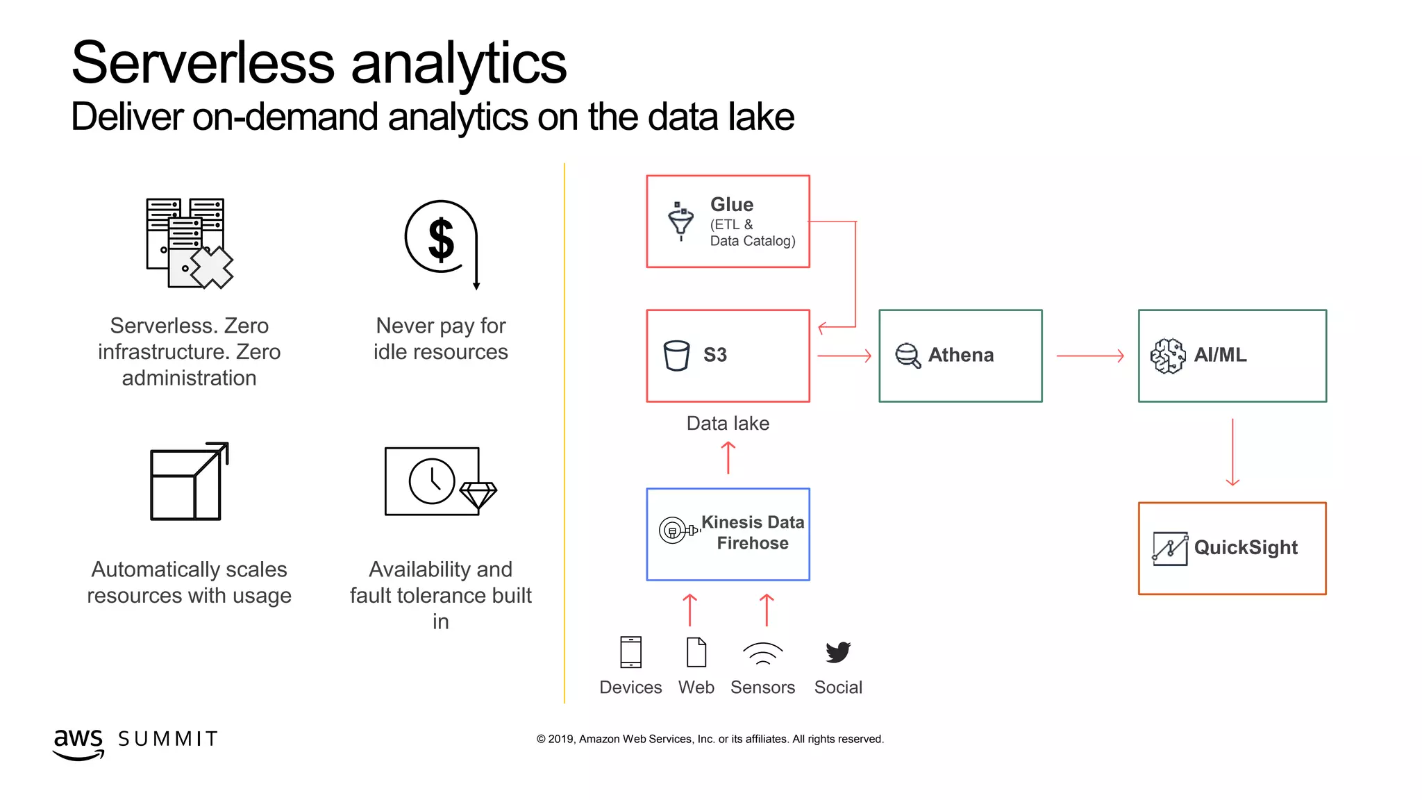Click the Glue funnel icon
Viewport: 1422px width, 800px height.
click(x=680, y=221)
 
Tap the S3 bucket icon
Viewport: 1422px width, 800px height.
click(x=676, y=356)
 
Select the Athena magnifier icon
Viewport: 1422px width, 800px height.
click(x=907, y=356)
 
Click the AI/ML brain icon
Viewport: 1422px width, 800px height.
click(x=1168, y=356)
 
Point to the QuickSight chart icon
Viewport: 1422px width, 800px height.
click(x=1170, y=549)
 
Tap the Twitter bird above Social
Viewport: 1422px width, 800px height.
click(x=838, y=652)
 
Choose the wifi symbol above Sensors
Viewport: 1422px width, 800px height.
click(x=762, y=653)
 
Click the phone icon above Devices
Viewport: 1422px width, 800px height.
click(x=630, y=652)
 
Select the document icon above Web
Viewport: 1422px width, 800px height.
click(x=696, y=652)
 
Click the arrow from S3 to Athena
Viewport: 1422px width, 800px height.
click(x=844, y=356)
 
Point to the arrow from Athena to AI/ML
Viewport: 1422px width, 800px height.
click(x=1089, y=356)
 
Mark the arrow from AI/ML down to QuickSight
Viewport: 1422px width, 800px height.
click(x=1232, y=451)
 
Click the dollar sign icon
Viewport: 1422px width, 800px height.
click(x=442, y=240)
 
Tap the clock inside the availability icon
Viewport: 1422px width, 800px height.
click(x=432, y=481)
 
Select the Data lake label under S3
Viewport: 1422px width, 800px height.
click(x=728, y=424)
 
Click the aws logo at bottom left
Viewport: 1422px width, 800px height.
click(x=78, y=742)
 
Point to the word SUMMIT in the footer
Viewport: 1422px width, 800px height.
click(x=168, y=739)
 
